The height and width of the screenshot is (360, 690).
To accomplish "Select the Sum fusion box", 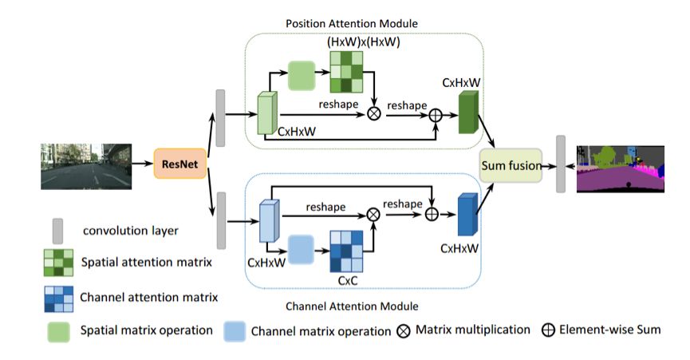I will pos(511,166).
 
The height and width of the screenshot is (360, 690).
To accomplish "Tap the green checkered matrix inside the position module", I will pos(346,70).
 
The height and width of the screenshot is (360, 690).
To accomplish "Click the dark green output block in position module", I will pos(468,110).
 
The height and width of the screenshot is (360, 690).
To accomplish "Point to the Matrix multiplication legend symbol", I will pos(403,330).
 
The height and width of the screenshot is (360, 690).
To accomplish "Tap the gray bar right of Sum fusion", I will pos(561,164).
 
